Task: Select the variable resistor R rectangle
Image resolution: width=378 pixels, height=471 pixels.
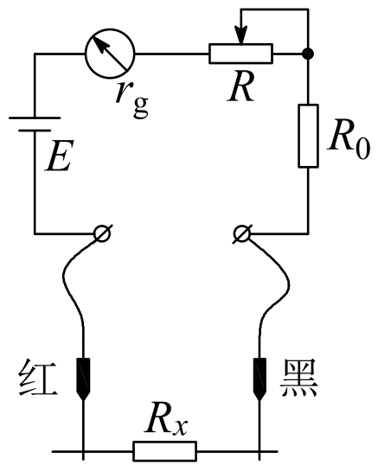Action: [x=240, y=54]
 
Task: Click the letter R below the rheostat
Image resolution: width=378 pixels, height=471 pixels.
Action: [x=240, y=86]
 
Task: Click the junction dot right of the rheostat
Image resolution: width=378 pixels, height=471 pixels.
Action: [x=308, y=54]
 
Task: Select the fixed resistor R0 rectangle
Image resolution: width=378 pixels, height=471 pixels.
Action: [x=308, y=136]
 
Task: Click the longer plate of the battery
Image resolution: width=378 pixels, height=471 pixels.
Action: [x=35, y=118]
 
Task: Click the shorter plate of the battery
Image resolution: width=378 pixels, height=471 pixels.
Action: [x=35, y=130]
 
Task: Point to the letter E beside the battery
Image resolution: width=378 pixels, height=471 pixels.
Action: [x=59, y=156]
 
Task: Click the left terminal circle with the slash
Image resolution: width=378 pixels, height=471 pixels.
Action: [x=103, y=233]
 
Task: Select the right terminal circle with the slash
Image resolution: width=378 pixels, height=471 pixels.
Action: [x=241, y=233]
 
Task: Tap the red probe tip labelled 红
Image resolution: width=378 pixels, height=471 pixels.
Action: [x=83, y=379]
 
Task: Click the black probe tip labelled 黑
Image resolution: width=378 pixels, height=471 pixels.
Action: [x=259, y=379]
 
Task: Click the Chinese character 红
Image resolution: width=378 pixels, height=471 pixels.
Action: [x=37, y=378]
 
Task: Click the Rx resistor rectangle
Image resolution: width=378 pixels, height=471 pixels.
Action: [x=165, y=451]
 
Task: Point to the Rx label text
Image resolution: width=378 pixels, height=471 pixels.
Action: [x=166, y=421]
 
